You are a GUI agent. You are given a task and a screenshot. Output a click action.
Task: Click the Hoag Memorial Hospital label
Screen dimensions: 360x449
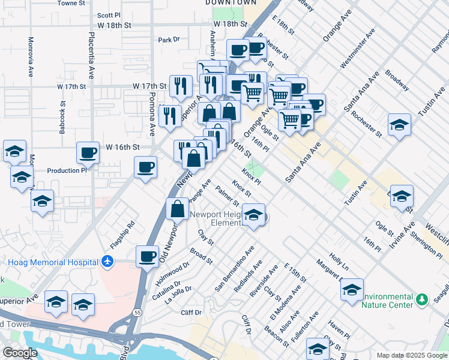[53, 262]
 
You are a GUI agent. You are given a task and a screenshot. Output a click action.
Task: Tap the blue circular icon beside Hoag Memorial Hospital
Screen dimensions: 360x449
[107, 262]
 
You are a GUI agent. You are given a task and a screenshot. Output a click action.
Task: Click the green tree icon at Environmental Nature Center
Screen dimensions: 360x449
[422, 299]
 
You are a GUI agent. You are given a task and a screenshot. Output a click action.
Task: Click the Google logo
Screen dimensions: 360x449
[20, 353]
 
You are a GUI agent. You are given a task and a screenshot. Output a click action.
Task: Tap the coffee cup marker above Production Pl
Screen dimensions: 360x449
[88, 153]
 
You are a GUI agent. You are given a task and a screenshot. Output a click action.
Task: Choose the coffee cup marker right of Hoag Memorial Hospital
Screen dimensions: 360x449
[147, 257]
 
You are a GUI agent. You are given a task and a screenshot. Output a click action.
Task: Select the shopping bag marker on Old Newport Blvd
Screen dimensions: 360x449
[178, 209]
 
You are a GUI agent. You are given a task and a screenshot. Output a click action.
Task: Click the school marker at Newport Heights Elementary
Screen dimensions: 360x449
[255, 215]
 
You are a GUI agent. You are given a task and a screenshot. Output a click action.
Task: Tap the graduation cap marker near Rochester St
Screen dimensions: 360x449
[399, 125]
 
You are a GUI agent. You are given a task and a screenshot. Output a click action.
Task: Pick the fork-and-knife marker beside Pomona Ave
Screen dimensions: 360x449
[171, 115]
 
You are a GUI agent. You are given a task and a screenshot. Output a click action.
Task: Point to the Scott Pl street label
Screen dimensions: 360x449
[109, 16]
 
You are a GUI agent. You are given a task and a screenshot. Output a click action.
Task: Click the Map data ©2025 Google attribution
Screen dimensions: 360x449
[412, 355]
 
